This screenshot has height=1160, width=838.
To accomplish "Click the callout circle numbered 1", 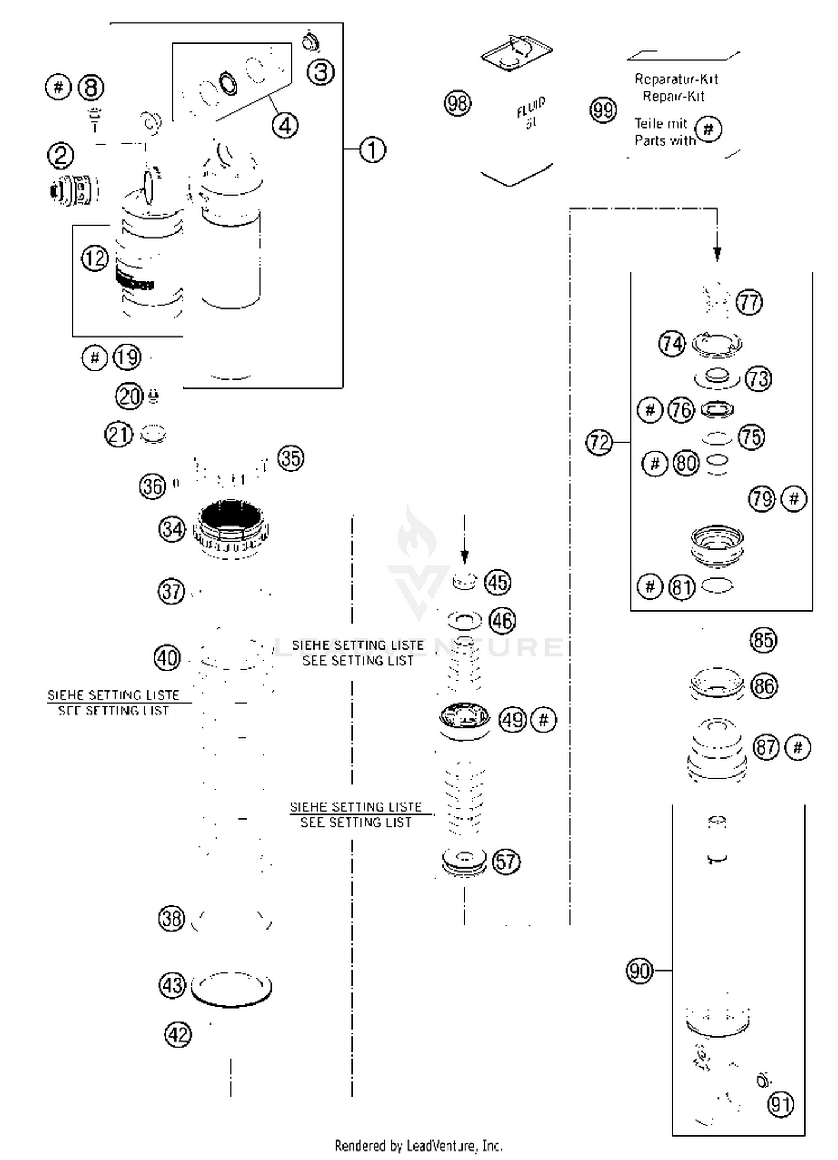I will click(x=372, y=150).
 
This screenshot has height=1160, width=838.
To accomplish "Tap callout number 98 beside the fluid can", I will click(x=458, y=103).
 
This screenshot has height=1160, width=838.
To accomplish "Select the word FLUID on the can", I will click(x=530, y=107).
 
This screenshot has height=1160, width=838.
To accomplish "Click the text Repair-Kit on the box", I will click(x=673, y=96).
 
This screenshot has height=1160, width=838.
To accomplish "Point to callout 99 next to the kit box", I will click(x=603, y=110).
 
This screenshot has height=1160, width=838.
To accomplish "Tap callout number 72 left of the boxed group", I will click(x=599, y=443).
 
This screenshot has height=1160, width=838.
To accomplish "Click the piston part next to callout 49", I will click(x=464, y=721).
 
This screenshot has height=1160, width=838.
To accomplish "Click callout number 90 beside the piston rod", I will click(x=639, y=970).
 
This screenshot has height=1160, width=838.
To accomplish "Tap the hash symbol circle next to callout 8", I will click(x=58, y=87).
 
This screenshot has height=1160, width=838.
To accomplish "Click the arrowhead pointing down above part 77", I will click(x=717, y=254).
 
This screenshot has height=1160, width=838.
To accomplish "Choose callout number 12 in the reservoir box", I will click(x=95, y=258).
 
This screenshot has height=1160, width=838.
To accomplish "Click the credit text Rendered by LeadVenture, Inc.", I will click(x=418, y=1145).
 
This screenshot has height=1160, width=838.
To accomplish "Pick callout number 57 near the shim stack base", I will click(x=506, y=861).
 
